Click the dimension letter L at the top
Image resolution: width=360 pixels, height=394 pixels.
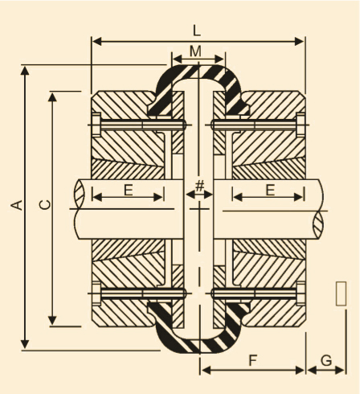click(197, 31)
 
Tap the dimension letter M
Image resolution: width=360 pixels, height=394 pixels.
click(196, 51)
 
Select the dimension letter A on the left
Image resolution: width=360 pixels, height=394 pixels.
click(17, 205)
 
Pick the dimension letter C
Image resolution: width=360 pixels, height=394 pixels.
click(45, 205)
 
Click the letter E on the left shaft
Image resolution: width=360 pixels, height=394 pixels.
click(129, 190)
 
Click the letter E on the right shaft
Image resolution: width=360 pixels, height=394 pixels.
click(270, 190)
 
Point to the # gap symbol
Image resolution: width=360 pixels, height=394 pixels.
click(199, 186)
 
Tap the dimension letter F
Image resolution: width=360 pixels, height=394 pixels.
click(253, 360)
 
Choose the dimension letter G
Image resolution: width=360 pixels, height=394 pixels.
click(326, 360)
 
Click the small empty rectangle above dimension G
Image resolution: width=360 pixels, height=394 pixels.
click(341, 293)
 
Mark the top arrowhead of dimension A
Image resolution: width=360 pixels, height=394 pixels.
click(25, 71)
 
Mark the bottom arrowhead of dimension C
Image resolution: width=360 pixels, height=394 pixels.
click(52, 320)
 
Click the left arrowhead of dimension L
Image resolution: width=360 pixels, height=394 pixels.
click(96, 42)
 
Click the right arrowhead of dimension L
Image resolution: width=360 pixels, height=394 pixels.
click(300, 42)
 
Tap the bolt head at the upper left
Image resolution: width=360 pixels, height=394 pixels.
click(96, 125)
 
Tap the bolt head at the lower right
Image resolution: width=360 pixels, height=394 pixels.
click(301, 293)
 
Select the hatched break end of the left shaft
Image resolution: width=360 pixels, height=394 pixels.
click(80, 195)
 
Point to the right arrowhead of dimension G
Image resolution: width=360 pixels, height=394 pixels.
click(340, 371)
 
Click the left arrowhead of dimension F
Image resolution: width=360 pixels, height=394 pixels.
click(206, 371)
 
